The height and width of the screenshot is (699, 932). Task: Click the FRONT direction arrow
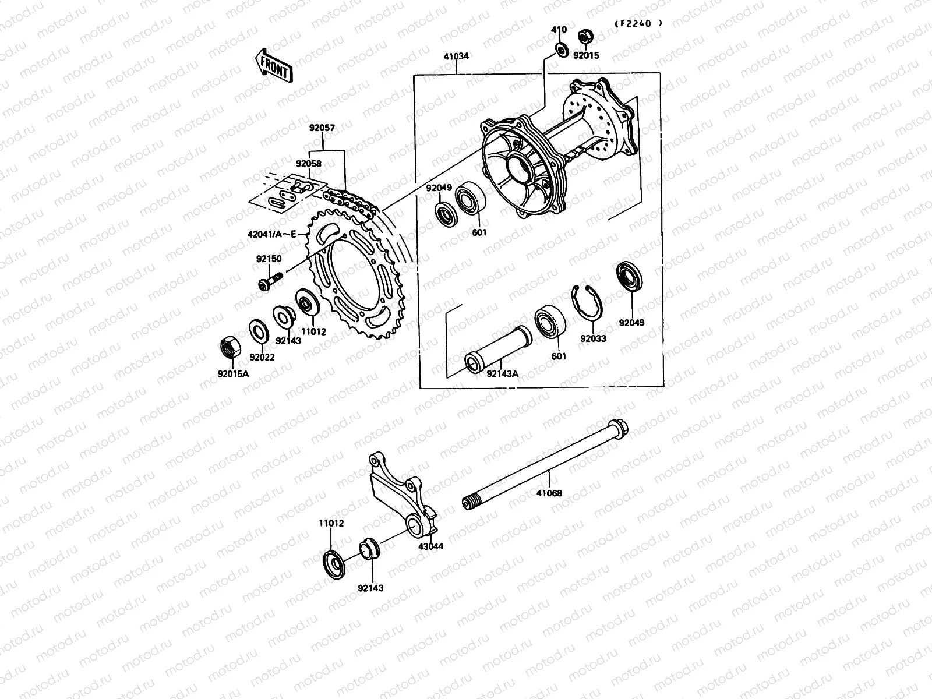point(273,64)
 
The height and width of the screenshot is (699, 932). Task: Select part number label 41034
point(456,57)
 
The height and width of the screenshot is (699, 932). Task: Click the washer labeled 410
point(561,50)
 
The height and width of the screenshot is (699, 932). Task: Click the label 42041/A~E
point(271,234)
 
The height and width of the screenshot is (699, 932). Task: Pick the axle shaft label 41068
point(549,493)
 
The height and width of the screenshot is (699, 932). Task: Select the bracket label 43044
point(430,547)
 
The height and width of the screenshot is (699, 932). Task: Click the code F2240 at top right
point(638,24)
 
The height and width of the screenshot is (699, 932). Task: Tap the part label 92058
point(308,164)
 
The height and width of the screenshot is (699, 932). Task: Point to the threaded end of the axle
point(471,502)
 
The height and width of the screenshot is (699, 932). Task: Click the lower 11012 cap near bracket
point(334,562)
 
